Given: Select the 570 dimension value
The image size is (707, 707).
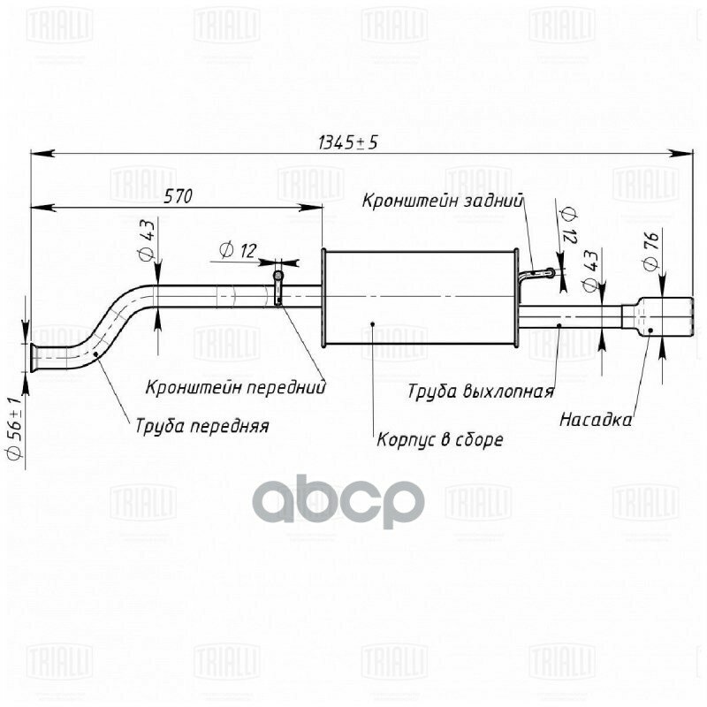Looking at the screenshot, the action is [178, 197].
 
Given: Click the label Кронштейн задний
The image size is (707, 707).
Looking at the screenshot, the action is [443, 201].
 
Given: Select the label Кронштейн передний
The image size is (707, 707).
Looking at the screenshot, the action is [236, 386].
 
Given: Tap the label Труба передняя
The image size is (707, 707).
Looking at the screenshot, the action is [201, 425].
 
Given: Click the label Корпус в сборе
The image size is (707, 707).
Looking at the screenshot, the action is [439, 439].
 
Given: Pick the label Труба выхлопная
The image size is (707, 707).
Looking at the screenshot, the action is [481, 392].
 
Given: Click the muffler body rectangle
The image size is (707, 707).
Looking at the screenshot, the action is [421, 299].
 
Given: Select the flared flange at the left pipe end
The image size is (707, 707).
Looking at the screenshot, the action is [34, 358].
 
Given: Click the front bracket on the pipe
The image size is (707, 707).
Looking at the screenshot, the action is [277, 288].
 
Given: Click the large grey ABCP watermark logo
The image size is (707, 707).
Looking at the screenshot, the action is [339, 501].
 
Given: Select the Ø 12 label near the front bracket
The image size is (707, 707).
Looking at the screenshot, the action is [235, 251].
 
